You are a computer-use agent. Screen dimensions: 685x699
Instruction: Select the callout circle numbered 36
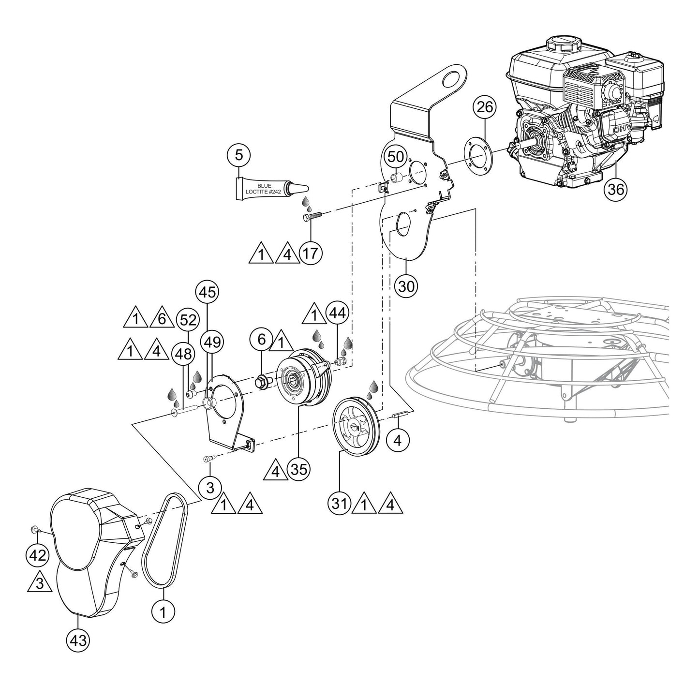coord(616,189)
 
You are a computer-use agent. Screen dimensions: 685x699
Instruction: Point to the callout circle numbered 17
coord(311,253)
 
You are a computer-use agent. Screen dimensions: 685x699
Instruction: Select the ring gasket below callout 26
coord(477,151)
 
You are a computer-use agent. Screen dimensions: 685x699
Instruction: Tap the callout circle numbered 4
coord(398,440)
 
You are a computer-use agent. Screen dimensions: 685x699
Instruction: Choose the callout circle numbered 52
coord(188,320)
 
